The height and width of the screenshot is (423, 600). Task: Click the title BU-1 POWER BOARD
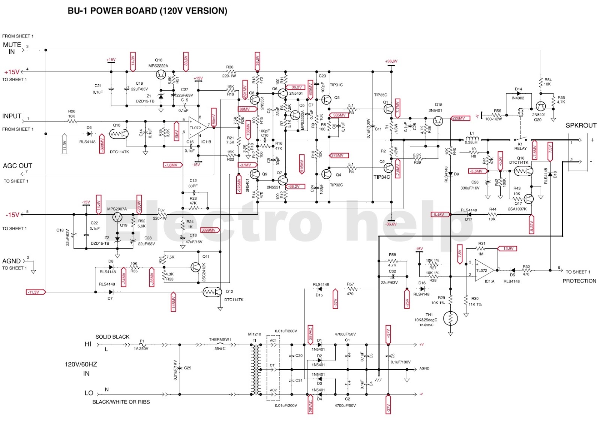coord(147,11)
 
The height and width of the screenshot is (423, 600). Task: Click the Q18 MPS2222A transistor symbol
coord(161,74)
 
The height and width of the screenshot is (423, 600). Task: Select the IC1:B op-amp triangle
coord(198,127)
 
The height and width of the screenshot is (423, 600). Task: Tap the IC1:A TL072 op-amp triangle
coord(484,270)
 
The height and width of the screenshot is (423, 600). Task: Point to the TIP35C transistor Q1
coord(388,109)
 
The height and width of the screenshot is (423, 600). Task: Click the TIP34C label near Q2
coord(382,177)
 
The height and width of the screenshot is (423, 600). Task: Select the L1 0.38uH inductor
coord(472,139)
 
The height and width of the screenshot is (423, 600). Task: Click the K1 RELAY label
coord(520,146)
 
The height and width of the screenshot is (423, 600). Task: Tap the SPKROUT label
coord(581,126)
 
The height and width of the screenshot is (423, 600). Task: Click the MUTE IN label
coord(12,48)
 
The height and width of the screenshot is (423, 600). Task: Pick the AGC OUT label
coord(17,166)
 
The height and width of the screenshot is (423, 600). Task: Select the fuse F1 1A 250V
coord(142,344)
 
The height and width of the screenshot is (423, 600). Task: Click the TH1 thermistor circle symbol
coord(450,318)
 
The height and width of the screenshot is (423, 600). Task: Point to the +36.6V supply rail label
coord(391,61)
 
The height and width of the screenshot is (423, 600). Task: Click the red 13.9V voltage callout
coord(508,248)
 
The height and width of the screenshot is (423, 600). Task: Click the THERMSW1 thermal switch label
coord(220,339)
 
